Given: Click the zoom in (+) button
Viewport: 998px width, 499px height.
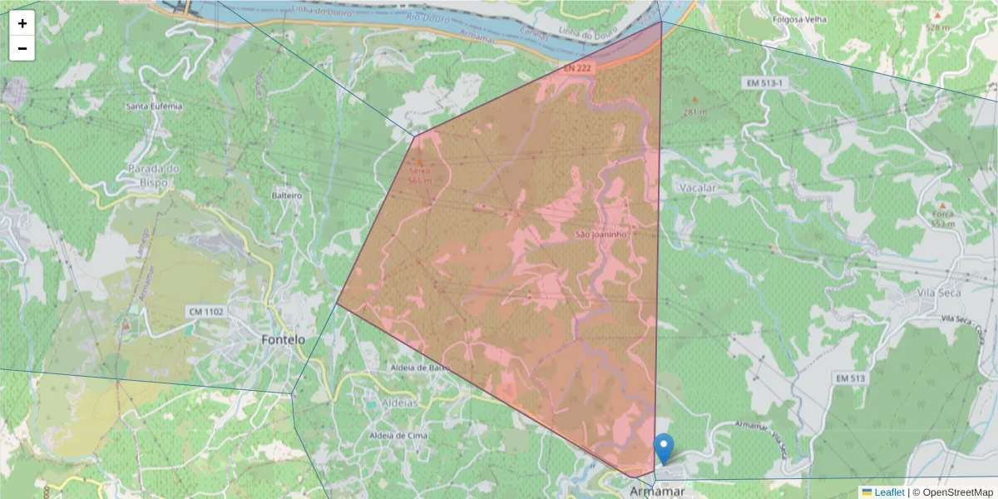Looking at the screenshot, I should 22,23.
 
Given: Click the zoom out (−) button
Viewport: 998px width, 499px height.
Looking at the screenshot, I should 22,49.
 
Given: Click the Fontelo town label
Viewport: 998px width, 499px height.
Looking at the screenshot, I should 284,340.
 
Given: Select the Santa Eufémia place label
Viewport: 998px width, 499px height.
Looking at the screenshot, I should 154,106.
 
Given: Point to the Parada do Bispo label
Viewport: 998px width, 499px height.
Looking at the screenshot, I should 155,175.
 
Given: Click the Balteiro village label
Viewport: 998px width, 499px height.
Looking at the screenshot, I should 286,195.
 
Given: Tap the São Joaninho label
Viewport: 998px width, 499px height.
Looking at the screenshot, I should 600,235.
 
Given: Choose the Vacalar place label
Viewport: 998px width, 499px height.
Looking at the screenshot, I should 698,188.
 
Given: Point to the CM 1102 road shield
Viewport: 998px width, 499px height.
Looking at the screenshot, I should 204,312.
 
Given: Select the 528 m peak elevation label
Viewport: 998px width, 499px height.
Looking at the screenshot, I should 937,27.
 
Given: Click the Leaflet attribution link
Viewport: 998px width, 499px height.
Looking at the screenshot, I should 889,492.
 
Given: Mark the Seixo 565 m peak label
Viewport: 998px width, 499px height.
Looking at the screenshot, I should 420,175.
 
